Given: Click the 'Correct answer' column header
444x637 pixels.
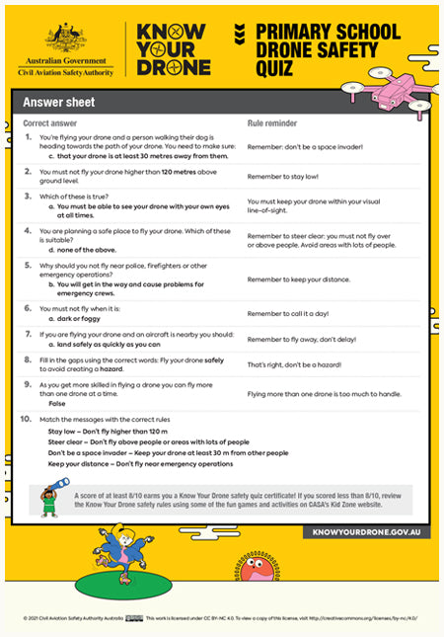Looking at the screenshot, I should [x=51, y=123].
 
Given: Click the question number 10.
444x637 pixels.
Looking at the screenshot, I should [x=29, y=419].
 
